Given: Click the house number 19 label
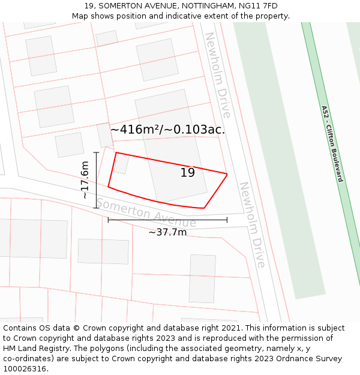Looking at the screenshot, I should [188, 173].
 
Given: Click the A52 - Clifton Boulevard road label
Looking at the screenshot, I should [331, 143].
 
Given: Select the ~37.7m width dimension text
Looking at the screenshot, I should [167, 232].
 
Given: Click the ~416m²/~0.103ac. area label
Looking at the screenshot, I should [167, 129].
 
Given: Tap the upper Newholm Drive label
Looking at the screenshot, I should [218, 75].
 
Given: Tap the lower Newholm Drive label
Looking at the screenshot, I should [252, 225].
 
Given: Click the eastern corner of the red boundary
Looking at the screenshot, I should [227, 174].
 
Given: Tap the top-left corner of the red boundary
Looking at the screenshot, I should [116, 152].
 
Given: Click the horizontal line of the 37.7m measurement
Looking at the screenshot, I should [167, 220].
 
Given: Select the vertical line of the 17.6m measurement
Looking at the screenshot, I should [96, 180].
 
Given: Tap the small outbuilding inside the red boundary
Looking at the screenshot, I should [122, 164].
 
